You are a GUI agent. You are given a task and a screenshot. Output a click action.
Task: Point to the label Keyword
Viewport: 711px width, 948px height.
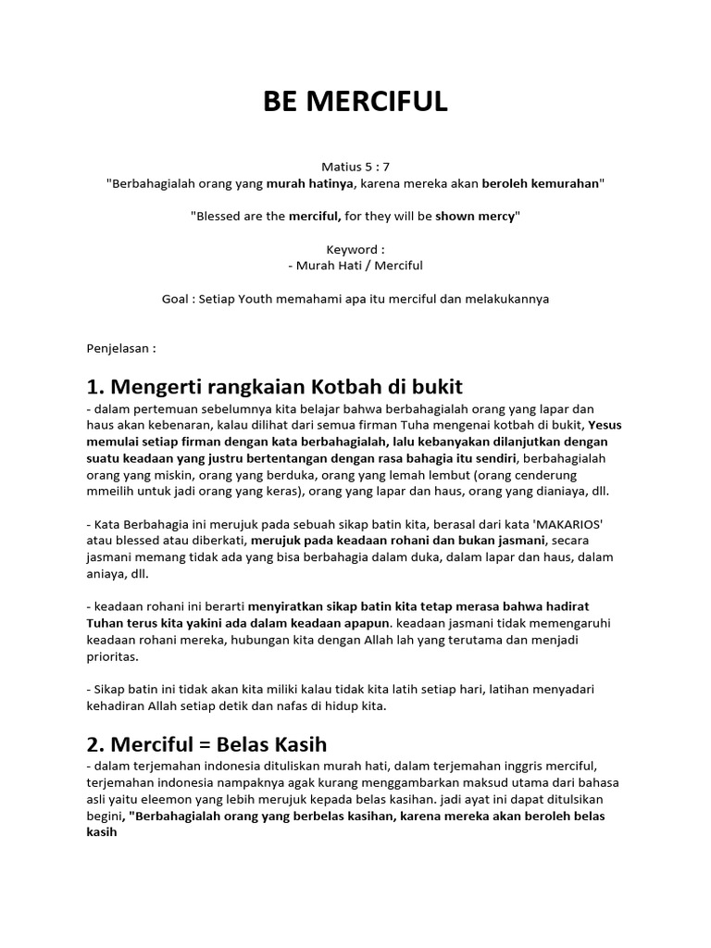(354, 249)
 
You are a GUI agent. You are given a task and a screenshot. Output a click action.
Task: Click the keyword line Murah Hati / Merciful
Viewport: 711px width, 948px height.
(355, 266)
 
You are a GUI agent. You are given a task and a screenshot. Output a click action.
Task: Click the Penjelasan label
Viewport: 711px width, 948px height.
(120, 350)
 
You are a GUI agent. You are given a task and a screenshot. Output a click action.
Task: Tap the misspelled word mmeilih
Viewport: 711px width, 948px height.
(109, 492)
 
